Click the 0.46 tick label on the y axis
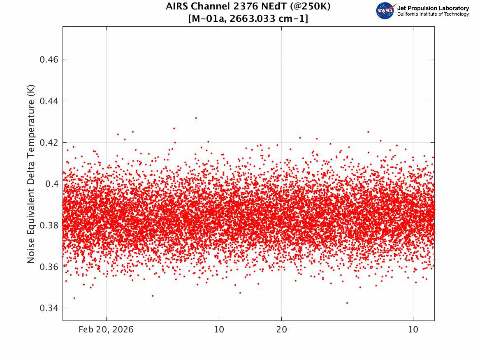tap(49, 60)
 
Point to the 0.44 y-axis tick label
tap(49, 101)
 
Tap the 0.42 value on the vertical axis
tap(49, 143)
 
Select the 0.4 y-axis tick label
tap(52, 184)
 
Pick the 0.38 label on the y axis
tap(49, 225)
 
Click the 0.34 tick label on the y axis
tap(49, 308)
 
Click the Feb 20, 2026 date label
tap(106, 330)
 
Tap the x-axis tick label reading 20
tap(282, 330)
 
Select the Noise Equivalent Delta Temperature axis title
tap(31, 174)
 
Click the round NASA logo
tap(385, 11)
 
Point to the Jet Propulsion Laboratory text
tap(433, 8)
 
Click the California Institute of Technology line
tap(433, 14)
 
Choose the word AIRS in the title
tap(177, 6)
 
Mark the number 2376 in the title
tap(247, 6)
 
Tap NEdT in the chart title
tap(274, 6)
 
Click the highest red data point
tap(196, 118)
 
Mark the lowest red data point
tap(347, 303)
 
